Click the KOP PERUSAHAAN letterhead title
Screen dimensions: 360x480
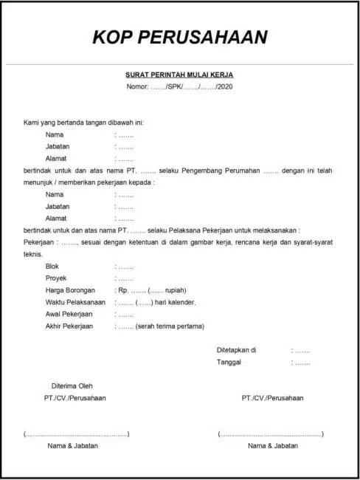(180, 38)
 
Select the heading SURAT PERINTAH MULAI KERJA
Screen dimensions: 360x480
(179, 75)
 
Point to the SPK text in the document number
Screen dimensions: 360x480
(176, 87)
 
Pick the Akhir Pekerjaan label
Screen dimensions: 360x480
(69, 326)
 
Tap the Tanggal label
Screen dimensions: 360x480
(229, 362)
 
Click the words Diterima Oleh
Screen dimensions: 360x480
(72, 385)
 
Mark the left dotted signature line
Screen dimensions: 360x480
(76, 434)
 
